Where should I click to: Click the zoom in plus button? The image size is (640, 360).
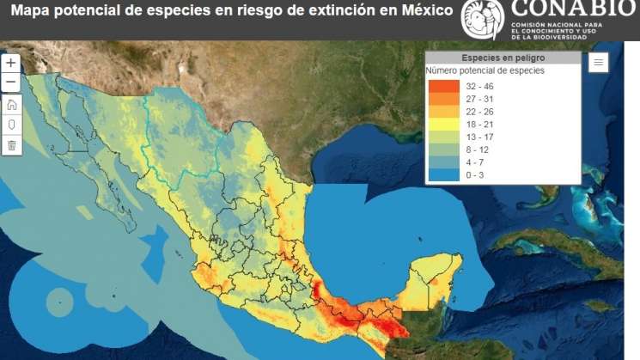[11, 64]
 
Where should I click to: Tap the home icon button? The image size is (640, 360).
[11, 105]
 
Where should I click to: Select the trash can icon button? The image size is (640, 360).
[11, 145]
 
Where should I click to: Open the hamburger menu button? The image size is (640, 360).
[599, 62]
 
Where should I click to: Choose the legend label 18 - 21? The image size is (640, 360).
[480, 124]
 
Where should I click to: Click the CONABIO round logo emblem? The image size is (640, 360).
[483, 20]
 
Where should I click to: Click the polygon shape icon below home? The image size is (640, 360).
[11, 125]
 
